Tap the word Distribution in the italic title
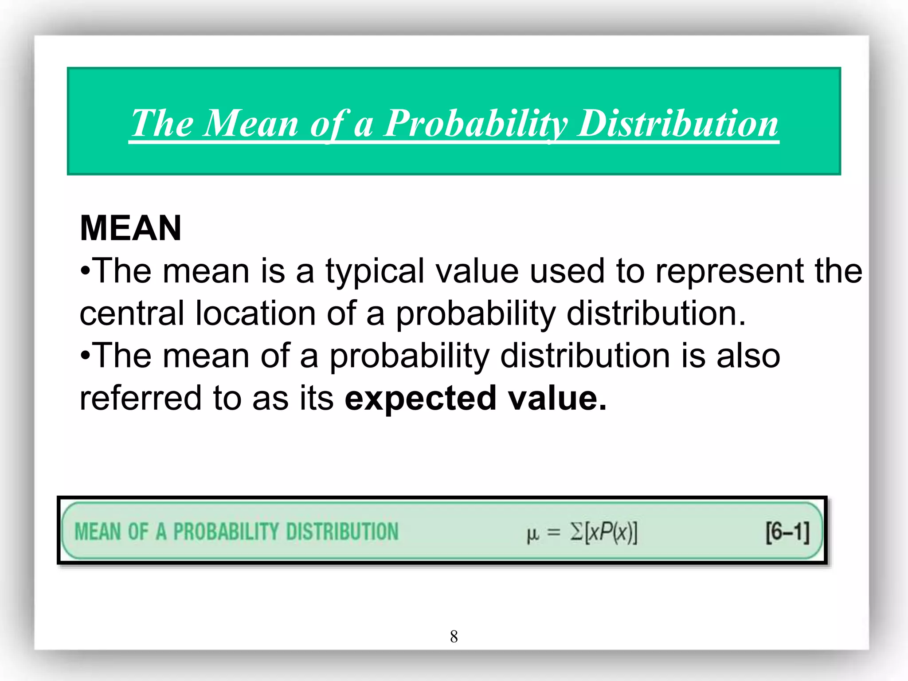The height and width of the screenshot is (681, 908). [678, 124]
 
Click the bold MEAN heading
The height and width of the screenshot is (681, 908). [131, 228]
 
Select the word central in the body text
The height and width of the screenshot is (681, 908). [132, 313]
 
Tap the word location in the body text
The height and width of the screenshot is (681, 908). [255, 313]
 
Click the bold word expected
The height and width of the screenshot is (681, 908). [420, 398]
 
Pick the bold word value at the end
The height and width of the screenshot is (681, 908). [557, 398]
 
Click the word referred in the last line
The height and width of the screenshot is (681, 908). [141, 398]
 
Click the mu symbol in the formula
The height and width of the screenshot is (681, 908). [532, 534]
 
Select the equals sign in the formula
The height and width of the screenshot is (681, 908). [554, 532]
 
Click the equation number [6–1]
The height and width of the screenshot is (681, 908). [787, 532]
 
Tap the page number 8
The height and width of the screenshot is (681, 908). [454, 637]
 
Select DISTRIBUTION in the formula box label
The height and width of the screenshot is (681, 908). [342, 532]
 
